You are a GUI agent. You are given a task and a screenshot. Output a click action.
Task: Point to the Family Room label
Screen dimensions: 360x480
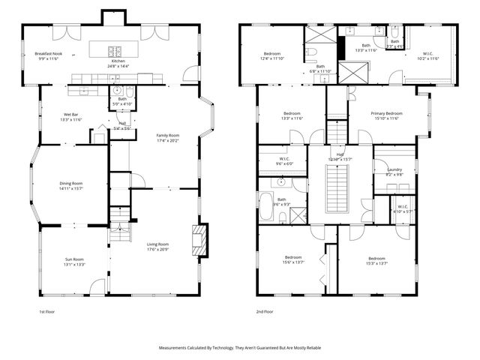coord(168,136)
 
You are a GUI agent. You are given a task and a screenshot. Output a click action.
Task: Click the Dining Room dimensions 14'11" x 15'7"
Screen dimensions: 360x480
coord(72,189)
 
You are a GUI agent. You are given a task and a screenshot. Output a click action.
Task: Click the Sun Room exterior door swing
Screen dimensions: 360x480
coord(97,286)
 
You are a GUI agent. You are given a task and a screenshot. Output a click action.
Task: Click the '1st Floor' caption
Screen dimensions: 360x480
coord(47,311)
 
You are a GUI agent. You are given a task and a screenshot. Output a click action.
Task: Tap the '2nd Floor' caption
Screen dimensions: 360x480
coord(265,311)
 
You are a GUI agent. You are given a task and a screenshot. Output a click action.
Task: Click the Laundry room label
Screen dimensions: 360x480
coord(394,170)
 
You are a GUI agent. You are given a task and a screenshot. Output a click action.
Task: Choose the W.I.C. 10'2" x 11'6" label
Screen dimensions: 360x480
coord(428,53)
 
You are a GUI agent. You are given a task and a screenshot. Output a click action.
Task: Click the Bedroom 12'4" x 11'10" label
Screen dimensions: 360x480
coord(271,54)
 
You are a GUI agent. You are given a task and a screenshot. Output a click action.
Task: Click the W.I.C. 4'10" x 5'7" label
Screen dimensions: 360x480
coord(402,207)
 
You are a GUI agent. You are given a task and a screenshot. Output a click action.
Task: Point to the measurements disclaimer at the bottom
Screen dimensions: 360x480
coord(239,348)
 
